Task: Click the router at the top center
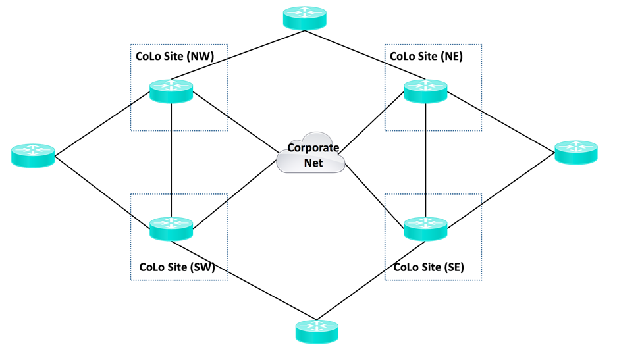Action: (304, 18)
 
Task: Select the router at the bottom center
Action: (317, 331)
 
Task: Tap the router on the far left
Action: (33, 155)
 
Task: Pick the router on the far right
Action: (576, 152)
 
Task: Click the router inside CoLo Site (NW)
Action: (171, 91)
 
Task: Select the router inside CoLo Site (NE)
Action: (425, 91)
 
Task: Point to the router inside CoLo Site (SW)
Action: (171, 228)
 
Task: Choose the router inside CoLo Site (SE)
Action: (425, 228)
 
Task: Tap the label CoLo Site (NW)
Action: (174, 57)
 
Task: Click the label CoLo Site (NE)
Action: (426, 57)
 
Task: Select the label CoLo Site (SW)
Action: (177, 268)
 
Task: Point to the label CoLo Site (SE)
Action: (429, 268)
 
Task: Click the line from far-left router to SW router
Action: (103, 188)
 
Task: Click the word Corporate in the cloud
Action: (313, 148)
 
